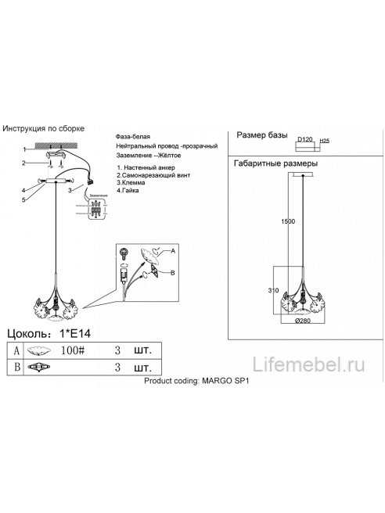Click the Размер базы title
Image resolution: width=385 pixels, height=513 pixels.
click(x=262, y=135)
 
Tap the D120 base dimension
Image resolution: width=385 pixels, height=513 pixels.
click(x=305, y=139)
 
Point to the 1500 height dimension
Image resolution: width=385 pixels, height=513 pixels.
click(x=289, y=222)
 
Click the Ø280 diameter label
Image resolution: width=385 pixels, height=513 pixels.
click(x=304, y=320)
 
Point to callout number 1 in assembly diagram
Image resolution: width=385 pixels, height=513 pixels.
click(x=25, y=148)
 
